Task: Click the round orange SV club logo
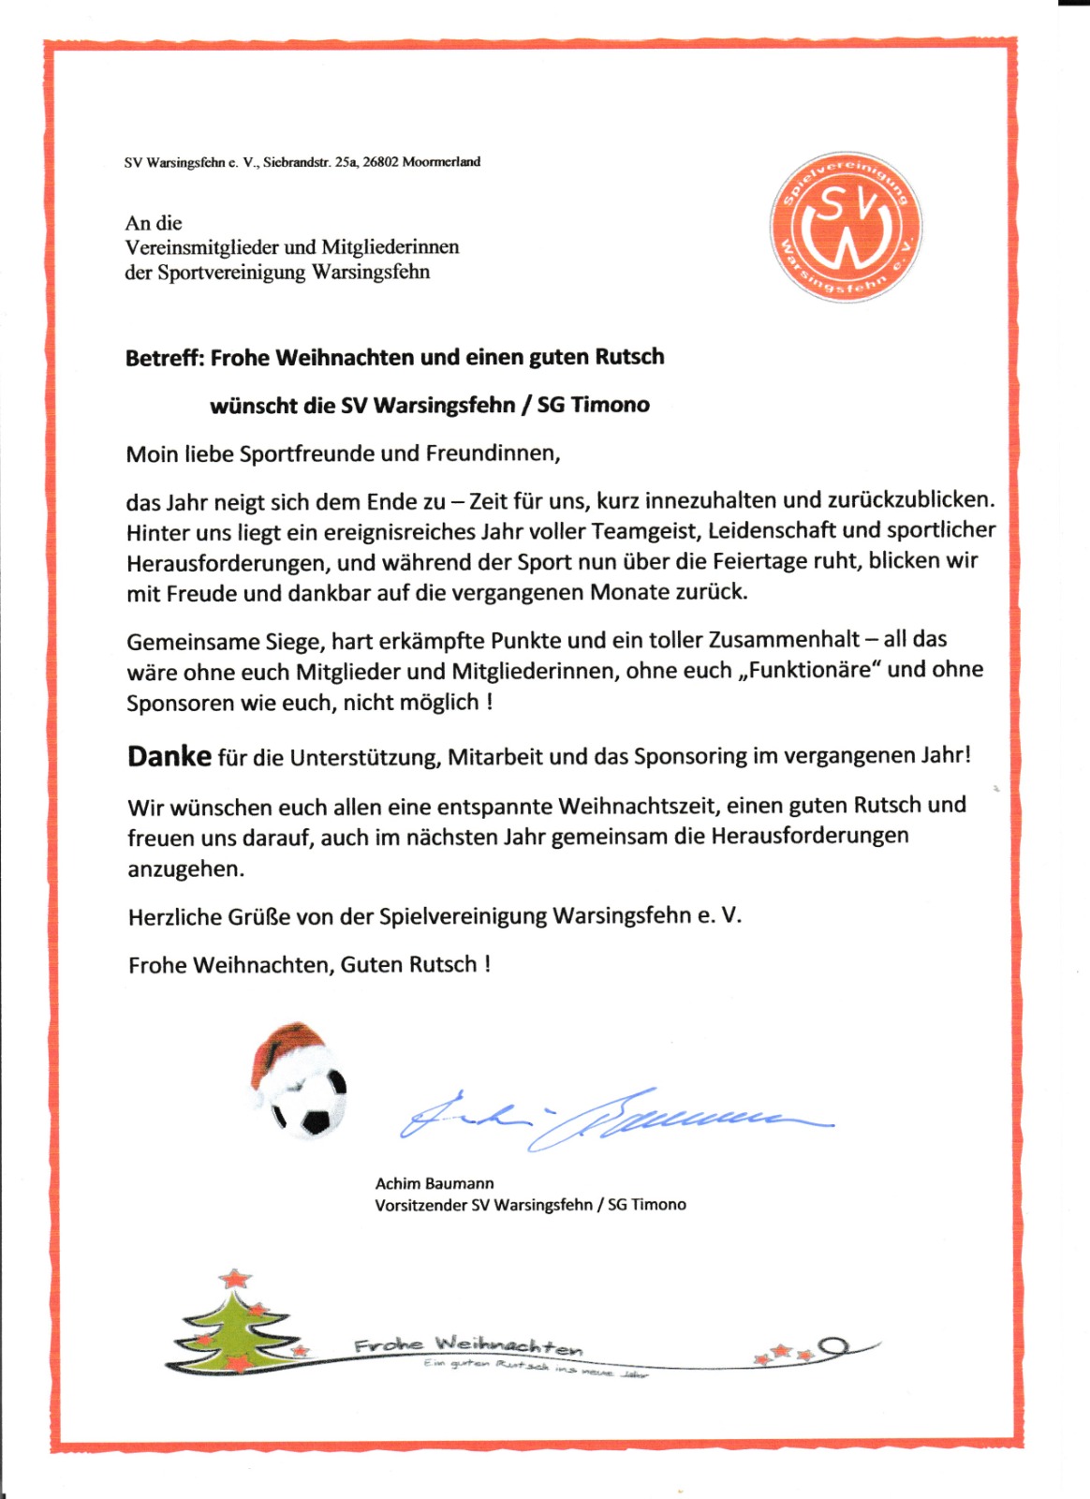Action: pos(846,227)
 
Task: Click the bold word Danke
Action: pos(169,757)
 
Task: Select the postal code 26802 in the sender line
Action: pos(380,162)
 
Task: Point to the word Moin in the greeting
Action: pos(152,454)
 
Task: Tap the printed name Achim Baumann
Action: pos(435,1184)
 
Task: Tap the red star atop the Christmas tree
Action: pos(235,1278)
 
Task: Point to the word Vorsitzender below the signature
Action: pos(420,1206)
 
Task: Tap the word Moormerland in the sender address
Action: pos(441,162)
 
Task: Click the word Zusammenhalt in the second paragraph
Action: pos(784,640)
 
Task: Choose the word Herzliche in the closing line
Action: pos(174,917)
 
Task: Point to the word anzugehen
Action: pos(185,869)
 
